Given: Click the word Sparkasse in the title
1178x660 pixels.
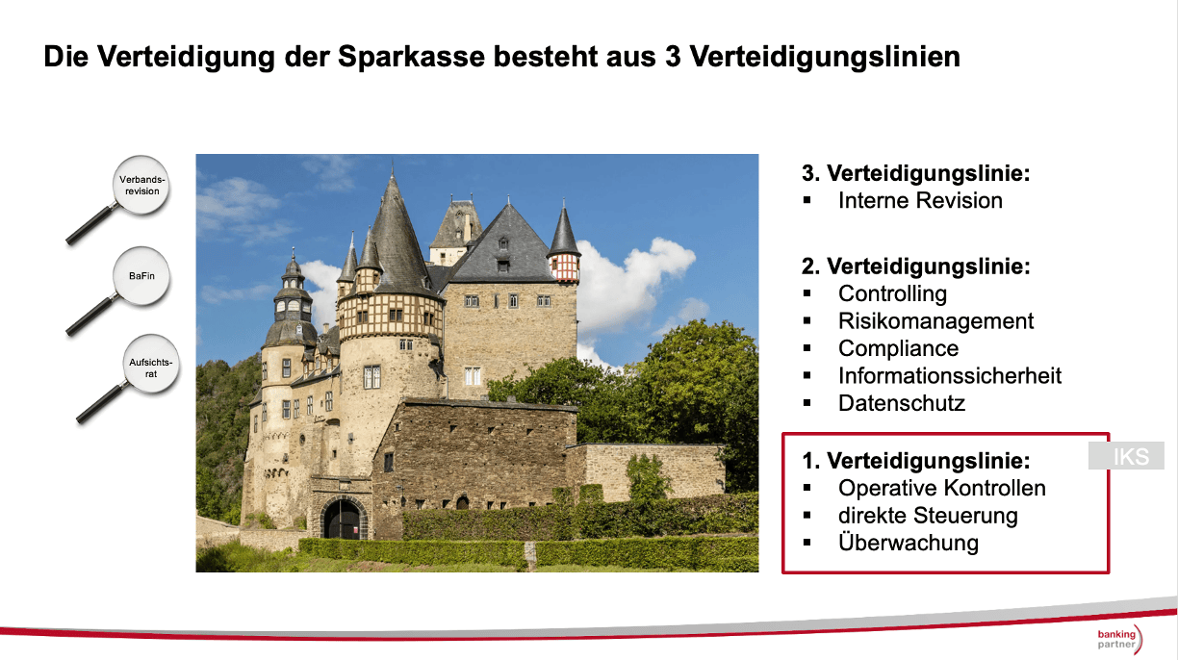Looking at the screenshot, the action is coord(411,56).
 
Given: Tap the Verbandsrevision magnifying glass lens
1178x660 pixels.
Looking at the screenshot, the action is coord(141,185).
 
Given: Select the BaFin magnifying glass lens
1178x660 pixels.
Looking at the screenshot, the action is coord(141,276).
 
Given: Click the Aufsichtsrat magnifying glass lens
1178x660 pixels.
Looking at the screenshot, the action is coord(151,364).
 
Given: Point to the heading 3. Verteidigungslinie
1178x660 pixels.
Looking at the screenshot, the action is coord(915,173).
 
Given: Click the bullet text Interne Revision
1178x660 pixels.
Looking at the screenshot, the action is coord(920,200).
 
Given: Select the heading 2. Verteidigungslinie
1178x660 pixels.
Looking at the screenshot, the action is coord(915,267).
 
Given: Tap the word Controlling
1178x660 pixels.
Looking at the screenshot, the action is coord(892,293).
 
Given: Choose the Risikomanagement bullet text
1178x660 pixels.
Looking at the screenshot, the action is coord(936,320).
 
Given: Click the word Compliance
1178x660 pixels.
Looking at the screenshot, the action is coord(898,348).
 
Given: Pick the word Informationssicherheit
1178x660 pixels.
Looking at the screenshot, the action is coord(950,375).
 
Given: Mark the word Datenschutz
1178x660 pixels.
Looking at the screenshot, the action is coord(902,403).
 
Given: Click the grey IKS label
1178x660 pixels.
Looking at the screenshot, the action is coord(1126,456).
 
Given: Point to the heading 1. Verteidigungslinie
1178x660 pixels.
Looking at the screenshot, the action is coord(915,460).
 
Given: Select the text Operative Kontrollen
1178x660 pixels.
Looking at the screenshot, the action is coord(942,488).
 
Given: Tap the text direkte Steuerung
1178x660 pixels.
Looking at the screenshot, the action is coord(928,516).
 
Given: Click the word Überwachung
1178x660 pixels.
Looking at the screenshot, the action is coord(909,543).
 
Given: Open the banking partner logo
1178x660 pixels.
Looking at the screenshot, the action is coord(1119,639).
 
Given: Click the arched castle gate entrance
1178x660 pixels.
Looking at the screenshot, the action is coord(344,518).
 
